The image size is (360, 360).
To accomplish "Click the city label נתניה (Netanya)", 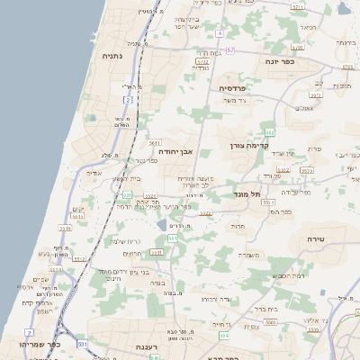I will click(x=112, y=56).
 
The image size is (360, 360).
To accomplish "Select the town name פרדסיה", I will click(x=233, y=87).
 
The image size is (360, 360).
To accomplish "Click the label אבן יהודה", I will click(x=175, y=152).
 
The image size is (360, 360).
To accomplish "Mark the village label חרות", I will click(x=238, y=228).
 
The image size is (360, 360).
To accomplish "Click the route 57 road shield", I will click(x=230, y=49).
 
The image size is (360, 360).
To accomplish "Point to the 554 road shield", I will click(x=224, y=336).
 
